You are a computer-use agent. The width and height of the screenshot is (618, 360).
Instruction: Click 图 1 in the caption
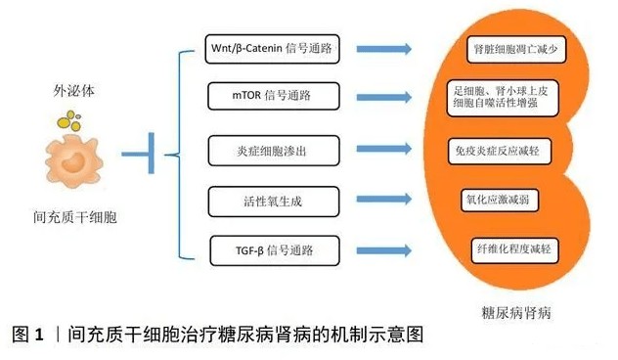[28, 335]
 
